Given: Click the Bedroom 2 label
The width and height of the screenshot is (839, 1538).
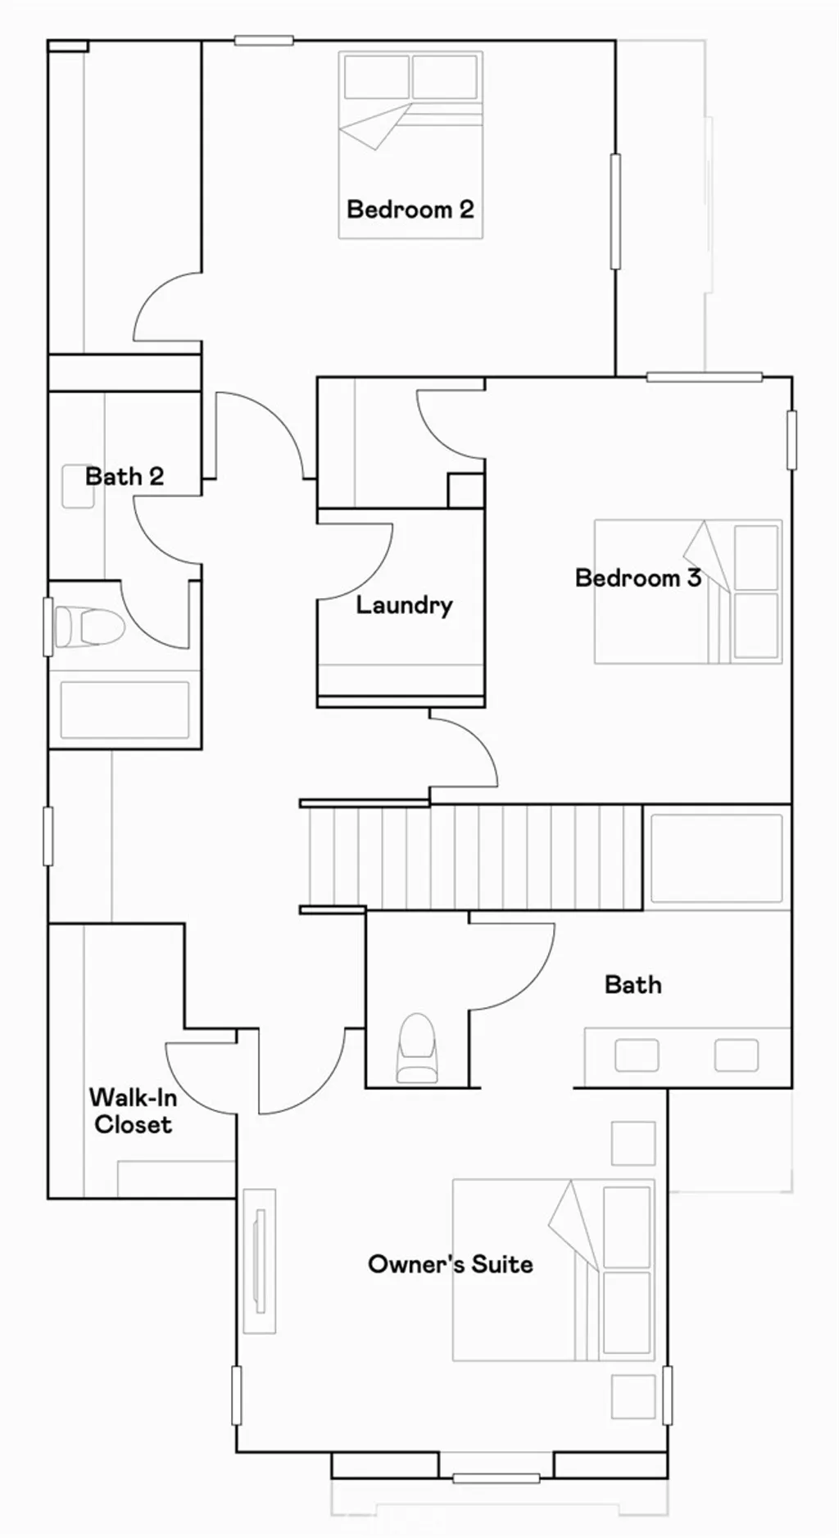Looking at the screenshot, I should [410, 210].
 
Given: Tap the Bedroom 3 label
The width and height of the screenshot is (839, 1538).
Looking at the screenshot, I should [638, 578].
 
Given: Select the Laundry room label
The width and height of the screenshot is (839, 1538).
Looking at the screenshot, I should [404, 606].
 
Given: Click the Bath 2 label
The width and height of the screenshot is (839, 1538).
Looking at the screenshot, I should [125, 476].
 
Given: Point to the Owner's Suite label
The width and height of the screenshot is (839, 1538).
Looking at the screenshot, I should [451, 1264].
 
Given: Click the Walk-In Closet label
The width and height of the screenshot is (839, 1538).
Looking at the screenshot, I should [132, 1110].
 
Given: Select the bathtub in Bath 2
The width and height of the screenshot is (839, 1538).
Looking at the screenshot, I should [125, 710].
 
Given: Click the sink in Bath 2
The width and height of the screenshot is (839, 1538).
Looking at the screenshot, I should [78, 487].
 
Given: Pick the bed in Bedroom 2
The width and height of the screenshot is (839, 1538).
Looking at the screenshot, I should [410, 145].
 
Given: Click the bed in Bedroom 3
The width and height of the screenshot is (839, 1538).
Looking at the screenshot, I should [687, 592].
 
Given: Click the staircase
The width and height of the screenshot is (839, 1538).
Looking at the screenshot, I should [471, 857].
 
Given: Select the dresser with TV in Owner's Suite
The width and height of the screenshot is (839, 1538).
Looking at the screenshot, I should [260, 1260].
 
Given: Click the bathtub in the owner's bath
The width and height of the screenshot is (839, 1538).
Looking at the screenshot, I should [716, 858].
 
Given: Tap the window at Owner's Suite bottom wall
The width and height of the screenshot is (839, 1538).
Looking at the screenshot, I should [496, 1478].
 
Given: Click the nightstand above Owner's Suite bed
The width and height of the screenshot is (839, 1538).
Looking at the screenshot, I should [633, 1142].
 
